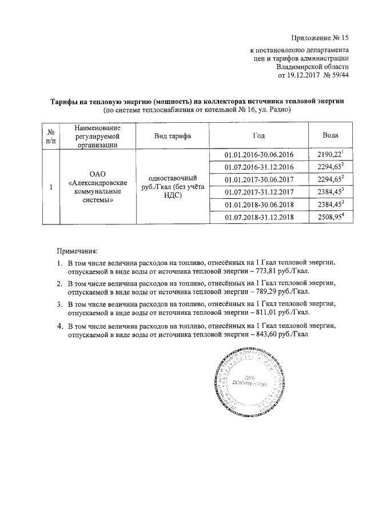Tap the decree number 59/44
point(338,75)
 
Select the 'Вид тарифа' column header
point(172,135)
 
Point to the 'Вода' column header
point(331,135)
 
